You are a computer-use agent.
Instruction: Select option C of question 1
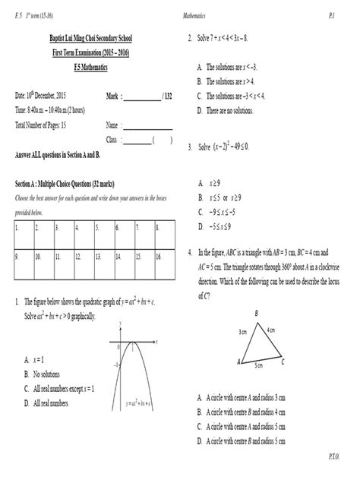[61, 388]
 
